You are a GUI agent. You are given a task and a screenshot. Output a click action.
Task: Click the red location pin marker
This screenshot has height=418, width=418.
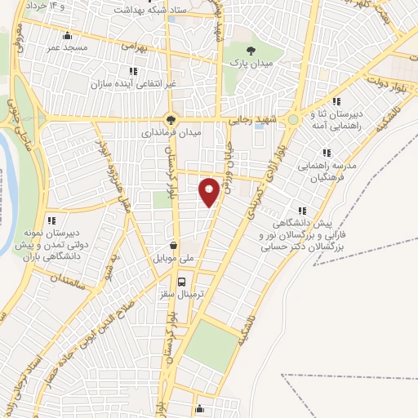209,191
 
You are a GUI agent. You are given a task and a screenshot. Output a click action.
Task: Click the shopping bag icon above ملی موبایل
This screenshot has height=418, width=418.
173,244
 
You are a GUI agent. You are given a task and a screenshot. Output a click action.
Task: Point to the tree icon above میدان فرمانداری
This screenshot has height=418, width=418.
171,118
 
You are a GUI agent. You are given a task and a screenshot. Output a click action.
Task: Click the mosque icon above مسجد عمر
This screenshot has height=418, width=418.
67,35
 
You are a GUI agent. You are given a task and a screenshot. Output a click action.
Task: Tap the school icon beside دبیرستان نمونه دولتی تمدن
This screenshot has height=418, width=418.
51,220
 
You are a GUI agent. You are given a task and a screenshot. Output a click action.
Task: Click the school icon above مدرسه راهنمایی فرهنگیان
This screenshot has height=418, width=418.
326,153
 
